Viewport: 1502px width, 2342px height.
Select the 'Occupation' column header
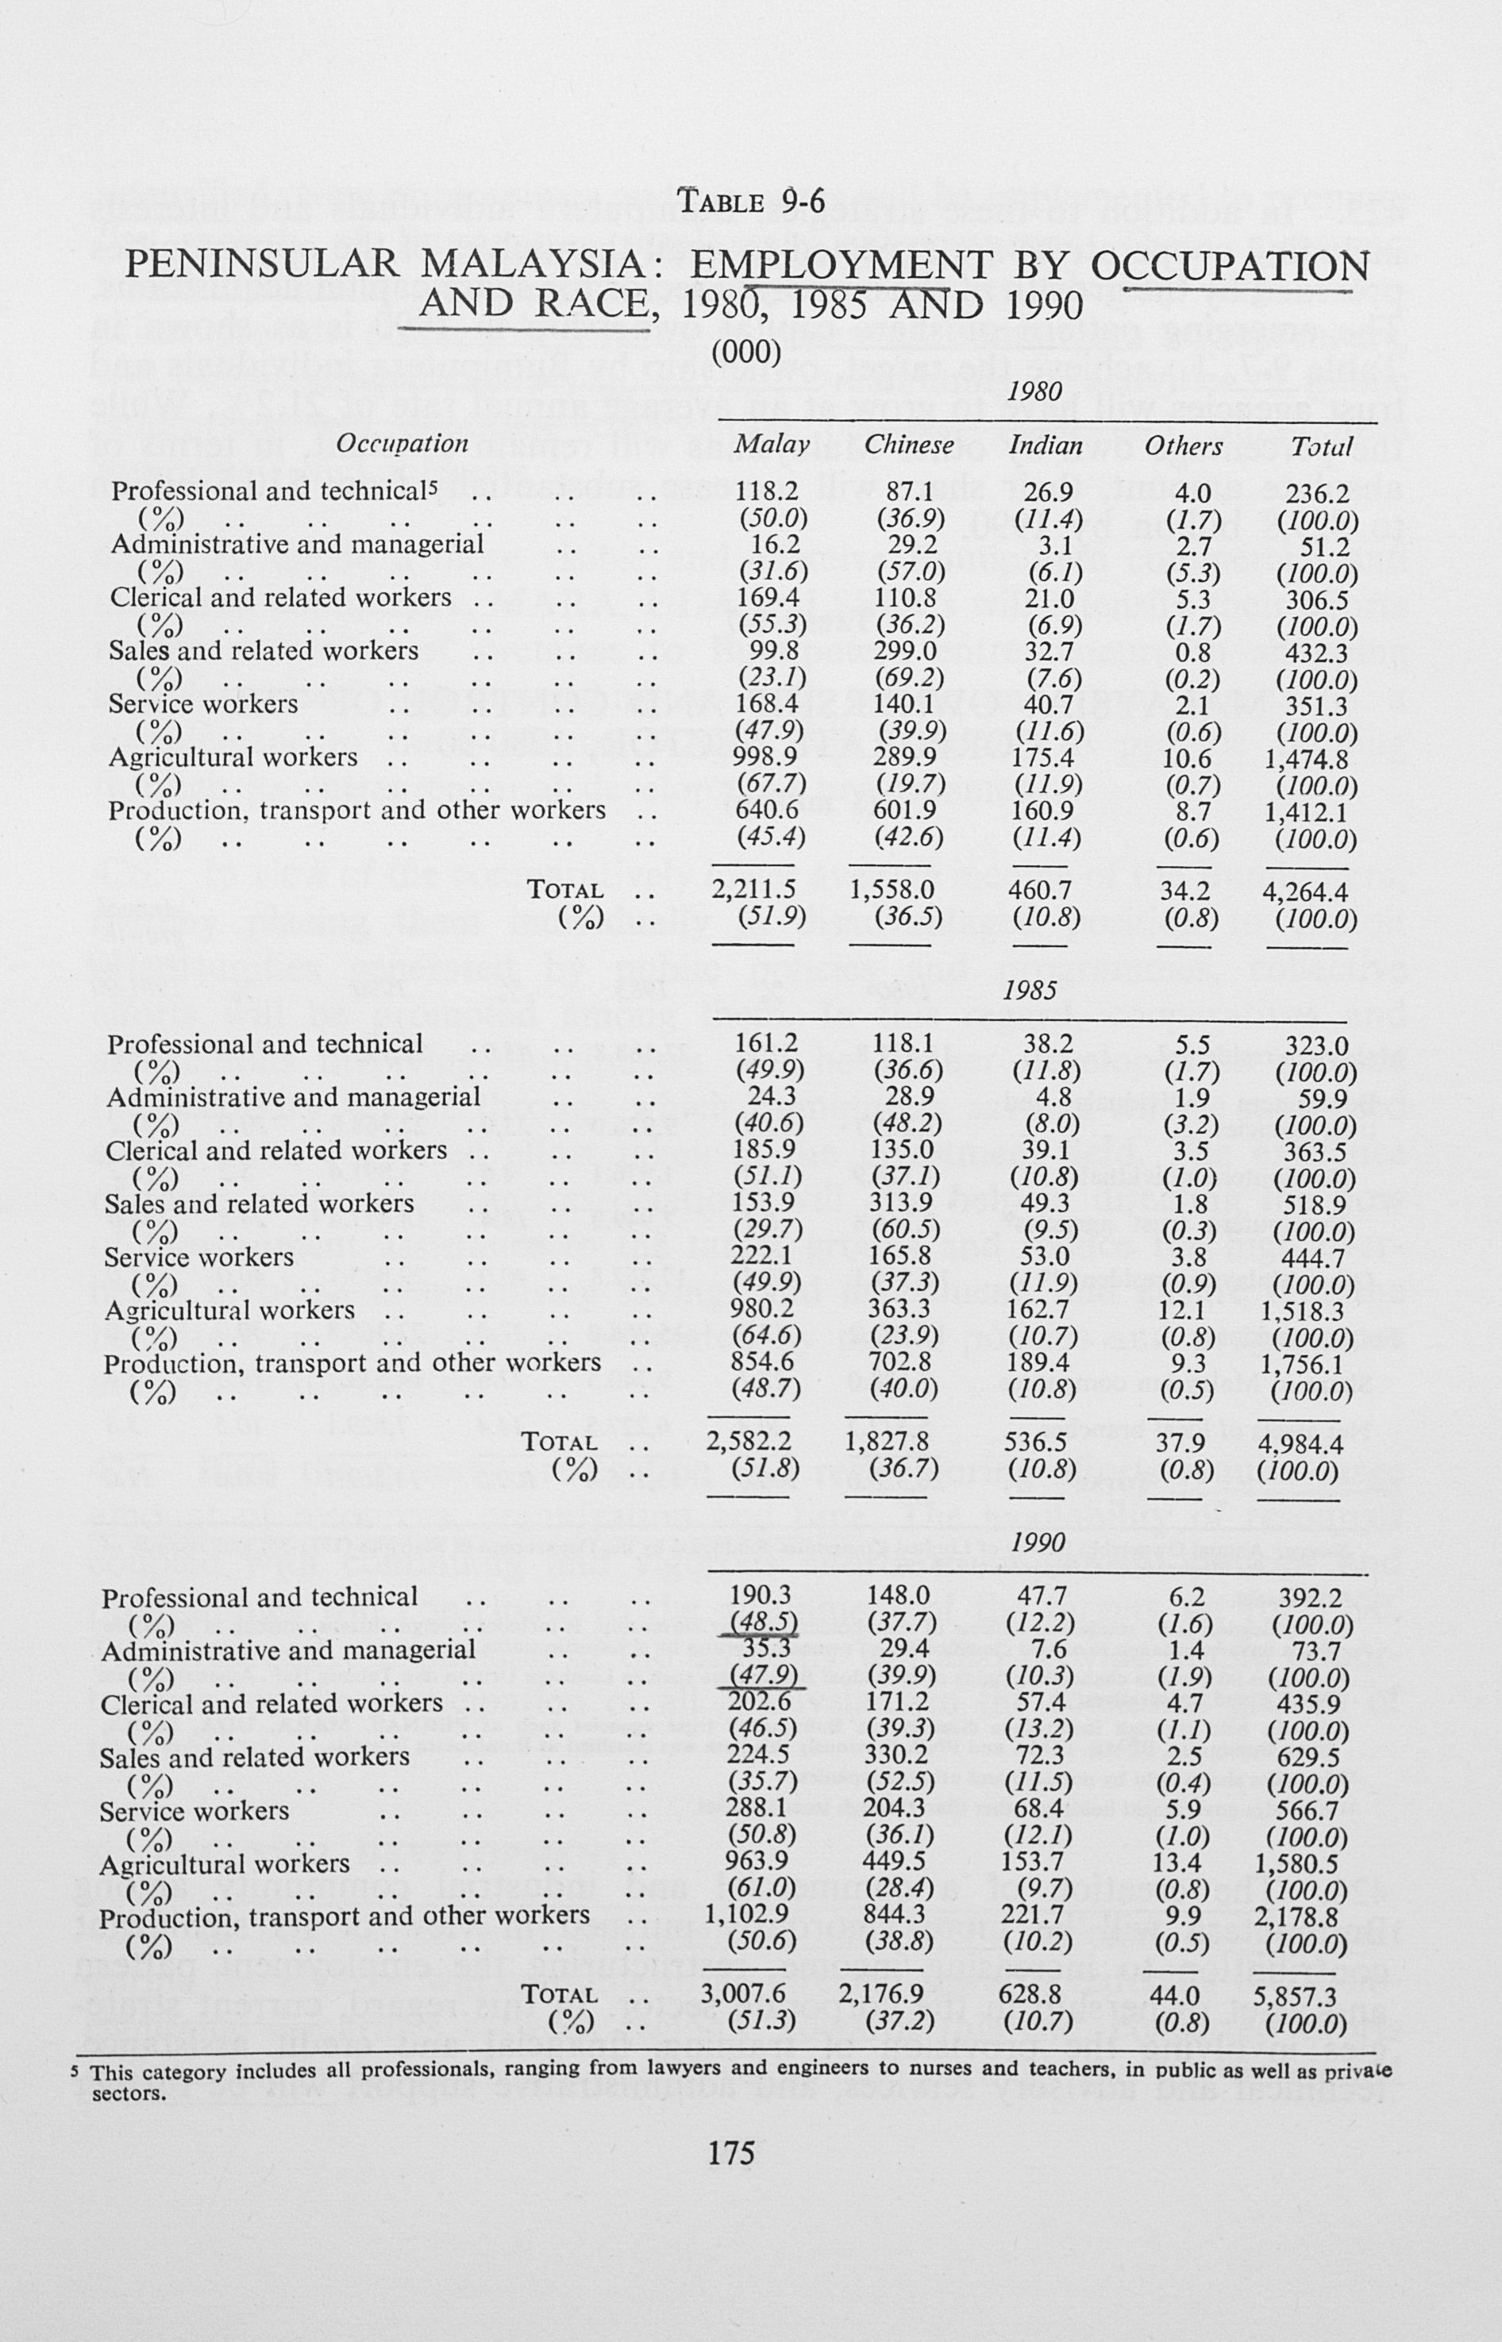(402, 444)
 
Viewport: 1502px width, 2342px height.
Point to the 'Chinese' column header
(909, 445)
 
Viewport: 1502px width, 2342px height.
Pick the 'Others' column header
(1183, 445)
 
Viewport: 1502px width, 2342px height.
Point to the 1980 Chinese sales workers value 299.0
(909, 652)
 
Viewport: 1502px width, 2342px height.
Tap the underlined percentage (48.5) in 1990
(768, 1622)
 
